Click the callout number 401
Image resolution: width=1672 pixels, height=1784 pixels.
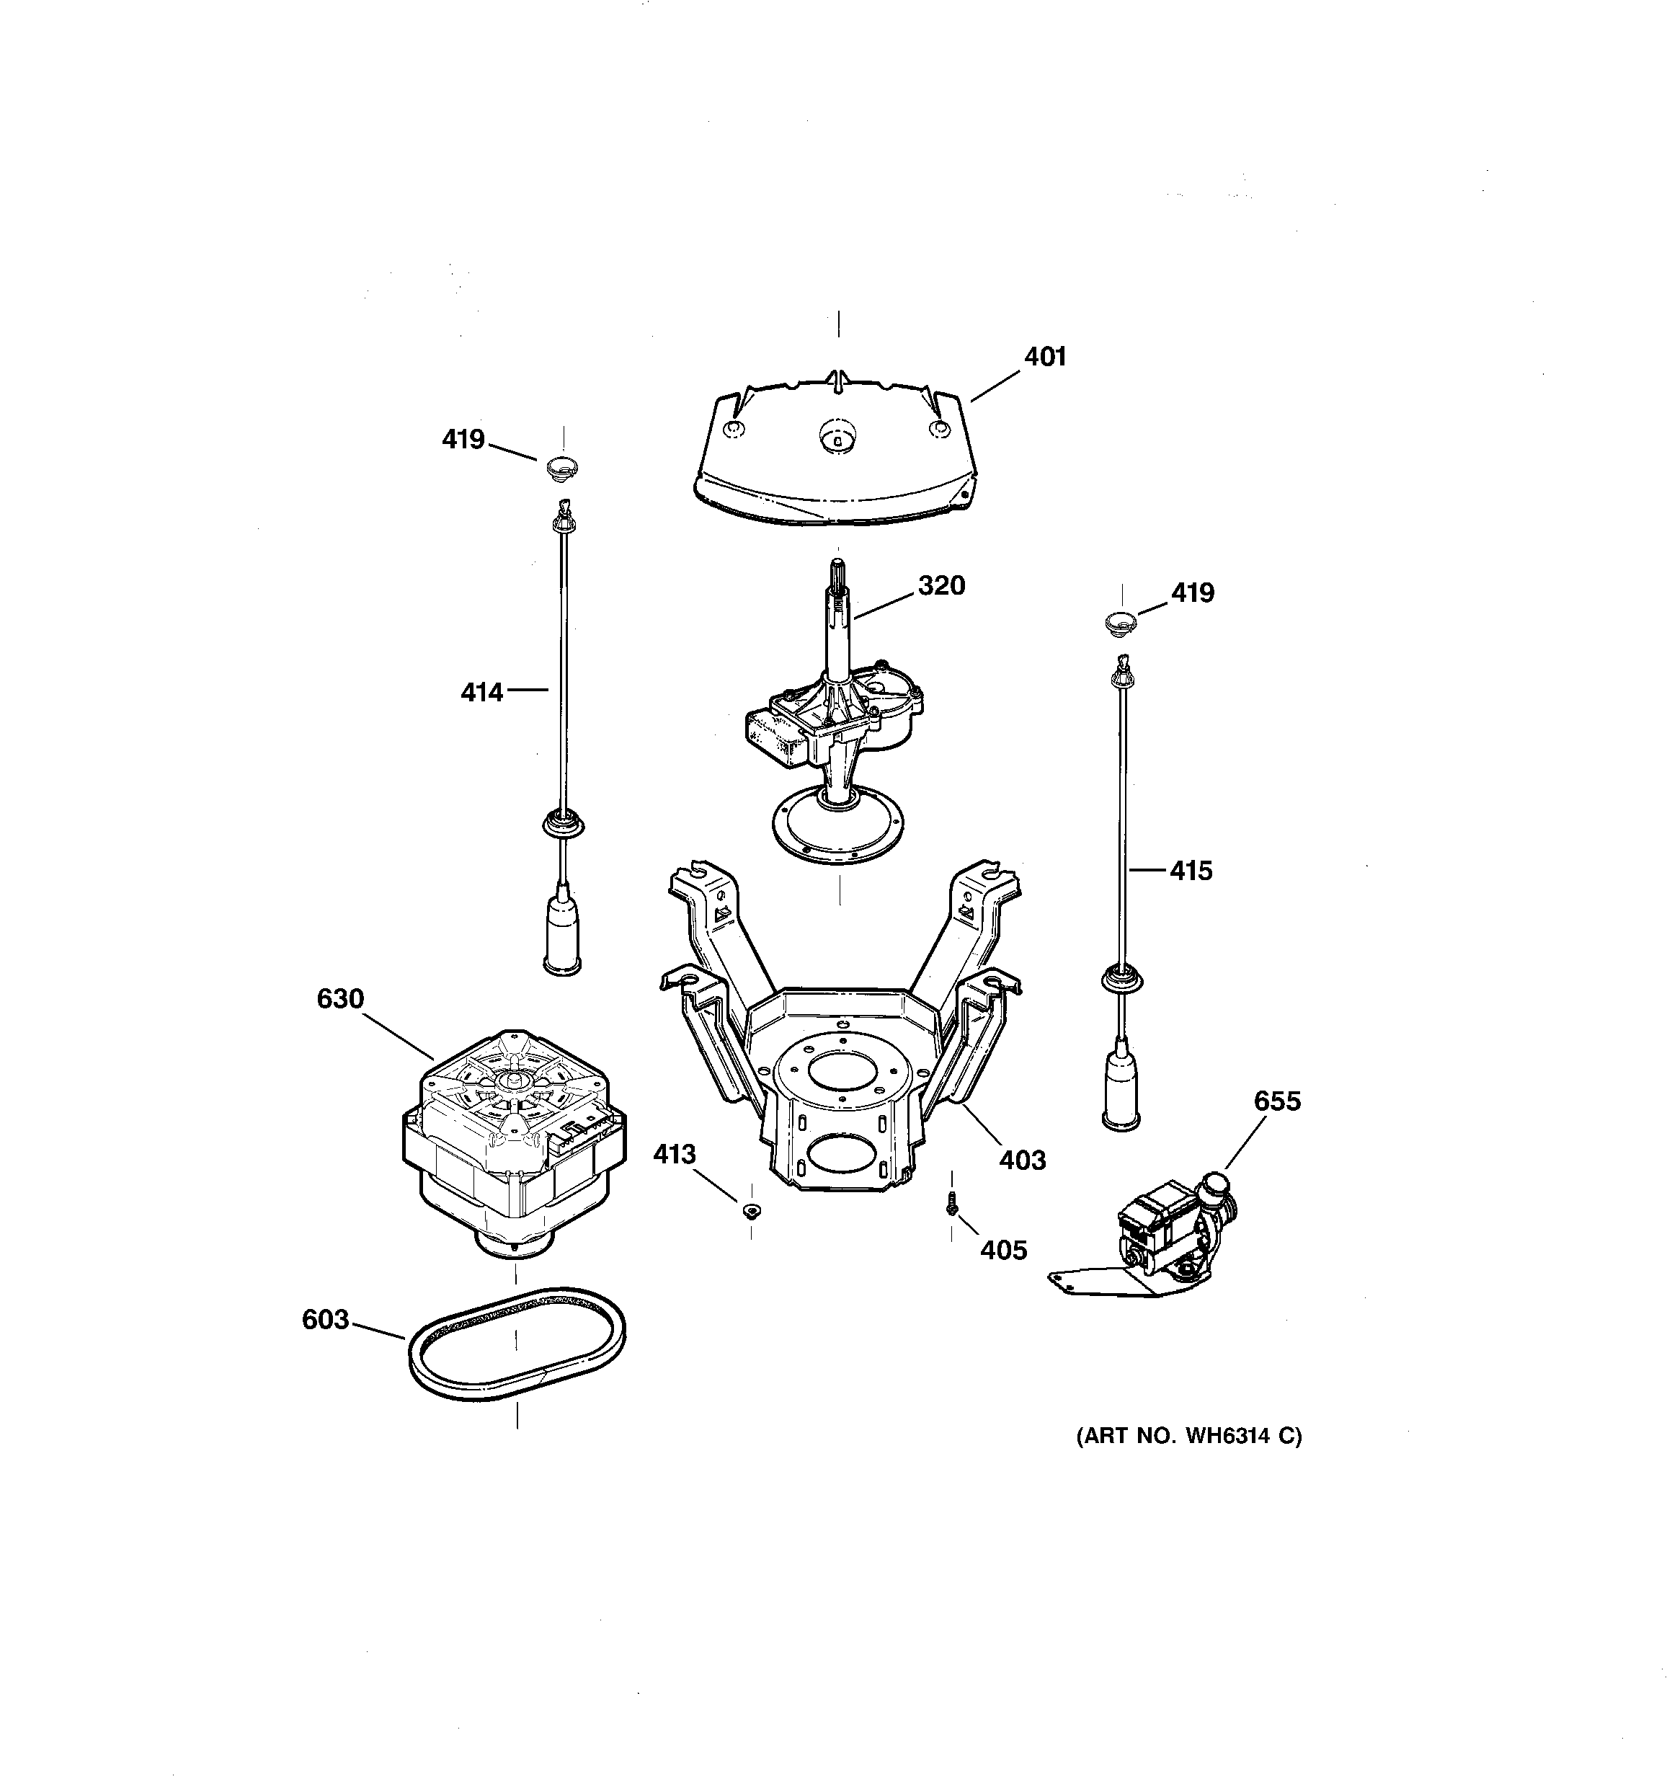click(x=1045, y=357)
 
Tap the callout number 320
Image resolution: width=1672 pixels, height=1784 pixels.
click(x=940, y=585)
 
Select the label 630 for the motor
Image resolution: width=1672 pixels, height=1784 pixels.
click(x=340, y=999)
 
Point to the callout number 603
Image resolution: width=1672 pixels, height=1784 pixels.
click(x=325, y=1319)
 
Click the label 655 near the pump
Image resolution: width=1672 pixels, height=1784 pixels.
click(x=1276, y=1101)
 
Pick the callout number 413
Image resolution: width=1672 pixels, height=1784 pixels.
click(x=674, y=1154)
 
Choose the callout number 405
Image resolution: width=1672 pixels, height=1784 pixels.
click(x=1002, y=1250)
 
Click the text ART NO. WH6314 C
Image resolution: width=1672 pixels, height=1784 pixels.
click(x=1188, y=1436)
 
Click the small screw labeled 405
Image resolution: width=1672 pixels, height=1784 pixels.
click(x=951, y=1208)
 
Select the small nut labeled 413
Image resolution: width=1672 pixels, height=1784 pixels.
click(x=751, y=1212)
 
